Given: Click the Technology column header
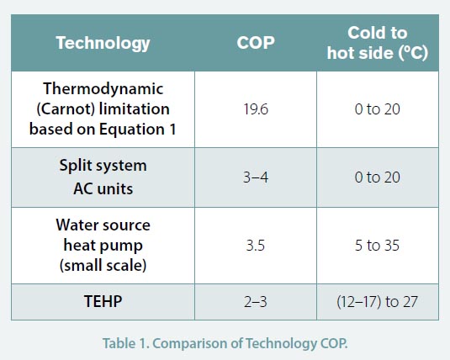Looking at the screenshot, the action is [103, 44].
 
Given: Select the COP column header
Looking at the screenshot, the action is [256, 43].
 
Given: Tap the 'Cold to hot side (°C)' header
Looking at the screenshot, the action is [378, 43].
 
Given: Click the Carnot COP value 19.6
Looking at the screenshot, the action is [256, 109].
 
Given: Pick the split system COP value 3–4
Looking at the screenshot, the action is [256, 177].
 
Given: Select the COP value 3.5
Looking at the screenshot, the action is [256, 246].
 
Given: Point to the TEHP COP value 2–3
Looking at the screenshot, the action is [256, 302].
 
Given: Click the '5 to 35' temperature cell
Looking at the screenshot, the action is [377, 246].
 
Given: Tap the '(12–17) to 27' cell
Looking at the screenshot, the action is [377, 302].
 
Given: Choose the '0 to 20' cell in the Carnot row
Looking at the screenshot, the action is [378, 109].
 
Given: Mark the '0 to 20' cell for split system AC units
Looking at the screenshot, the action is [378, 177].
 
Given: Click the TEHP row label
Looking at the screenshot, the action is [103, 301].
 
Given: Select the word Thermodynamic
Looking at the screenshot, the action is [103, 88].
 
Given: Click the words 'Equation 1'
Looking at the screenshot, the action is [137, 130].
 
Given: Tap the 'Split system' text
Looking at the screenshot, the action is [103, 166].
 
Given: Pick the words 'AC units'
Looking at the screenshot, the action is [103, 189].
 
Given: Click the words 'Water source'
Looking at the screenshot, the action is [103, 225].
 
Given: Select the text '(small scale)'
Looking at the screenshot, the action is [103, 265].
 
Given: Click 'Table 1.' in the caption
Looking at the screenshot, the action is [126, 343].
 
